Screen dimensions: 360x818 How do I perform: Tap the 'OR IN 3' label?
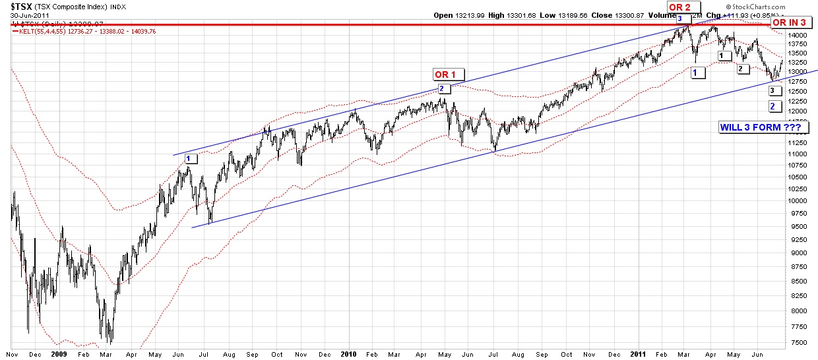click(788, 22)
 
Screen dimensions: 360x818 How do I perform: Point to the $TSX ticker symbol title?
click(18, 7)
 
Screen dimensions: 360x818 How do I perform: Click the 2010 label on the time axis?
click(348, 354)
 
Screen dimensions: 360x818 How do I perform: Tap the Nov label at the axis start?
click(12, 354)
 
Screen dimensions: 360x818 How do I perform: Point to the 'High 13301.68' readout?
click(514, 15)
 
